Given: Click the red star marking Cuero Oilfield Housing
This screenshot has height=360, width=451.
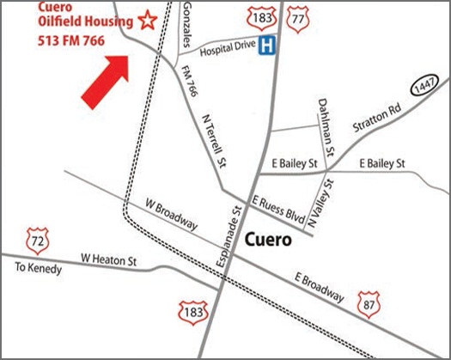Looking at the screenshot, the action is click(x=149, y=20).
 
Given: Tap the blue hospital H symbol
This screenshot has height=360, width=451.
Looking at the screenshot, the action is click(x=269, y=47).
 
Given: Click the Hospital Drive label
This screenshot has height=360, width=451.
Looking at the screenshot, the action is click(x=227, y=52).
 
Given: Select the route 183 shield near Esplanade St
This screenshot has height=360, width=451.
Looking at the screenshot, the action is click(x=192, y=312).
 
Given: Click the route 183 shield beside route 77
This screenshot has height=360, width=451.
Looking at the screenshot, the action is click(x=258, y=16).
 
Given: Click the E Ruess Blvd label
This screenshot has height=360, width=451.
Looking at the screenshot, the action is click(x=279, y=205).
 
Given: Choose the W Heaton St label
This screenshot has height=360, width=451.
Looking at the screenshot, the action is click(x=109, y=257).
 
